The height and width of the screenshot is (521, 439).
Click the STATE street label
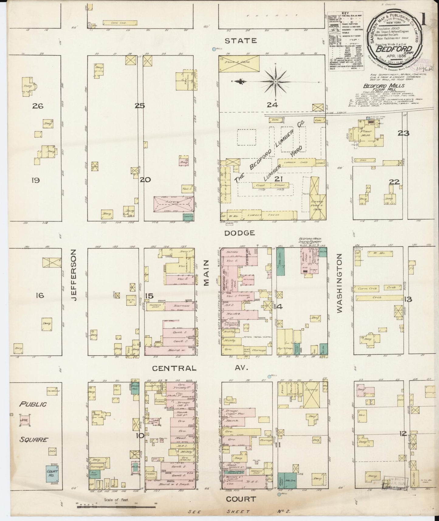coord(241,41)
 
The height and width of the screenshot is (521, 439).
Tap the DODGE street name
coord(239,233)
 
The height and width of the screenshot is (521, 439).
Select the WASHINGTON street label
coord(339,283)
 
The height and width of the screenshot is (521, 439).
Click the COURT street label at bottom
coord(241,499)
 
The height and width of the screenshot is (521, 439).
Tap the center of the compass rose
coord(275,82)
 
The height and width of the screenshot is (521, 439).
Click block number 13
coord(408,299)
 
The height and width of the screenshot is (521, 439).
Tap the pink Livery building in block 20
coord(173,204)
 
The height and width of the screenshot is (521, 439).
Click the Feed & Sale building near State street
coord(239,64)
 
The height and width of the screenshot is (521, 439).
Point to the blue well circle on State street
coord(214,49)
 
